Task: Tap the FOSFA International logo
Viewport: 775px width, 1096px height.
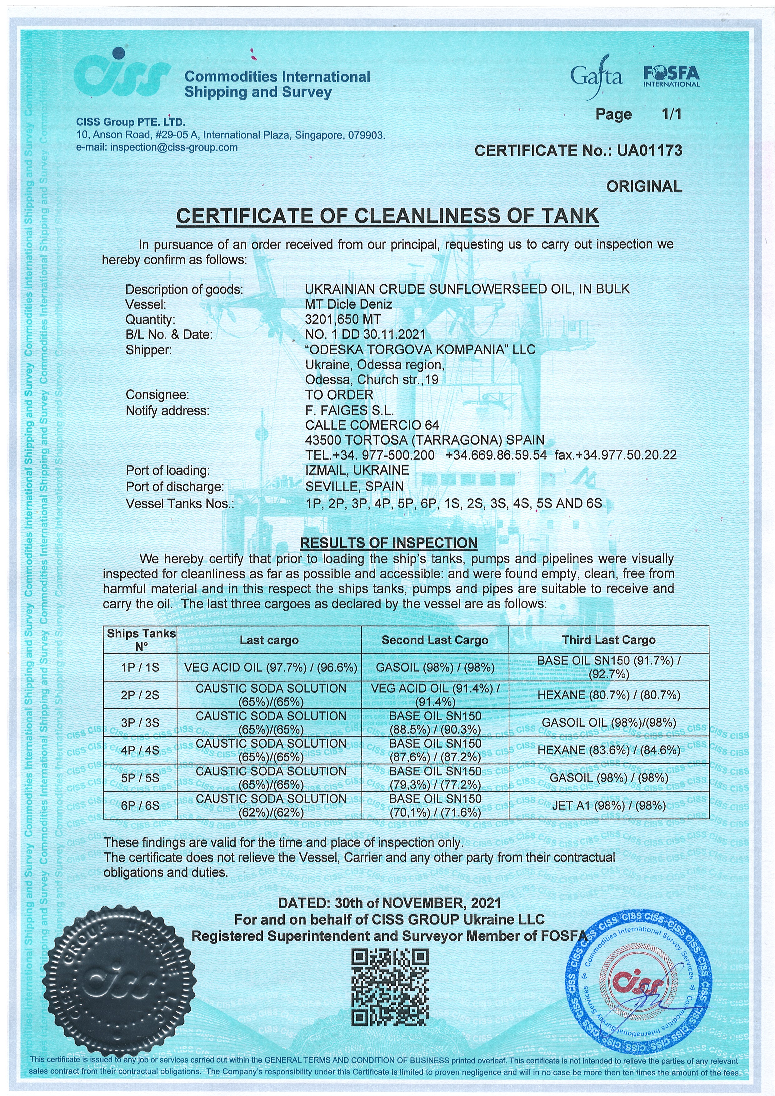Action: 671,76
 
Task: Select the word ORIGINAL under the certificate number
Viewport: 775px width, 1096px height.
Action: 644,186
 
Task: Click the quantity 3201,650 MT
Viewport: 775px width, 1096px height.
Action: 343,319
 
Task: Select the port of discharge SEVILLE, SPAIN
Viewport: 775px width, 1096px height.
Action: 354,486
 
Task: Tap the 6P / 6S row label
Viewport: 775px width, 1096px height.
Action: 140,806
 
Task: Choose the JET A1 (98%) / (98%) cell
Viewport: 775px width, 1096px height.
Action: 608,806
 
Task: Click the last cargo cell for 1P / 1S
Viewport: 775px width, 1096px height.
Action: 270,667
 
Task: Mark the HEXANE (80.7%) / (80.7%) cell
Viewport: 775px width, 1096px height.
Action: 608,695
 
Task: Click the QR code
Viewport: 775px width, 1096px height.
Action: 390,987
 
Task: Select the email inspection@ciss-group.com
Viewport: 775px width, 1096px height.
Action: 174,147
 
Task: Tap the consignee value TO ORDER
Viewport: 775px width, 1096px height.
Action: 339,395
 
